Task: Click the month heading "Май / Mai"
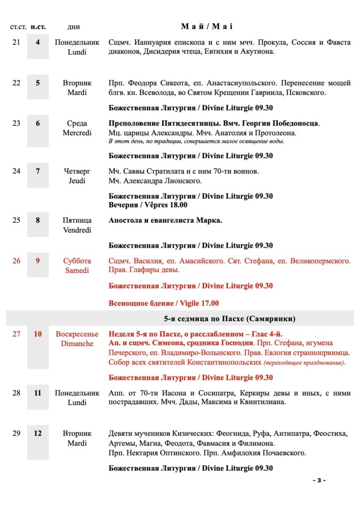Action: coord(207,26)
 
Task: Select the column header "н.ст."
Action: coord(38,27)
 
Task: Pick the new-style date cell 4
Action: coord(38,43)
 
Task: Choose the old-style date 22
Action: coord(16,83)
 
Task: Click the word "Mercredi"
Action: coord(77,133)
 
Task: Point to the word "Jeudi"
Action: coord(77,180)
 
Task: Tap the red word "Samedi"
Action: coord(77,270)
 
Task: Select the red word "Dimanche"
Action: coord(77,343)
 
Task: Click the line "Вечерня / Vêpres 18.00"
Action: coord(148,205)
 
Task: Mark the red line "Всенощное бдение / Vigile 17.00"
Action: coord(164,303)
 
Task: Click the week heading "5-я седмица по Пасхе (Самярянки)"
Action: coord(230,318)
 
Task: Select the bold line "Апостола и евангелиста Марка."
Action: coord(165,220)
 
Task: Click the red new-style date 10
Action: coord(38,334)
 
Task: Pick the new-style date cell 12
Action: coord(38,433)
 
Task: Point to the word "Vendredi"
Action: coord(77,230)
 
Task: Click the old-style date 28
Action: coord(16,393)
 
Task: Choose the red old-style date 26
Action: coord(16,260)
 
